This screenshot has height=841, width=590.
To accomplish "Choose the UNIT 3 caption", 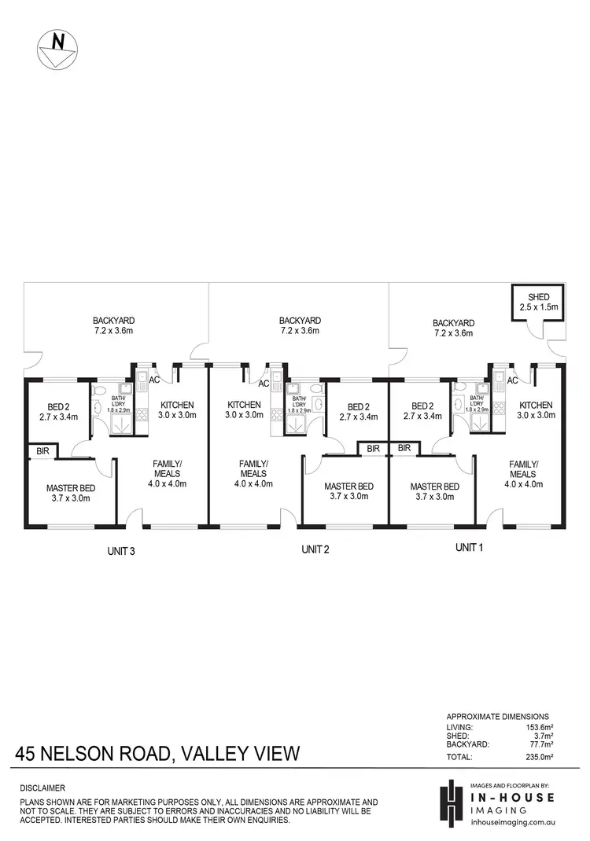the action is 122,551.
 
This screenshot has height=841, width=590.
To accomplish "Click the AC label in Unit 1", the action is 512,381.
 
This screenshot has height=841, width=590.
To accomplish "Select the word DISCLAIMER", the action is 43,788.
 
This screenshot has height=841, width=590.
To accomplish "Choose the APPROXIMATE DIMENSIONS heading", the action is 497,717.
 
